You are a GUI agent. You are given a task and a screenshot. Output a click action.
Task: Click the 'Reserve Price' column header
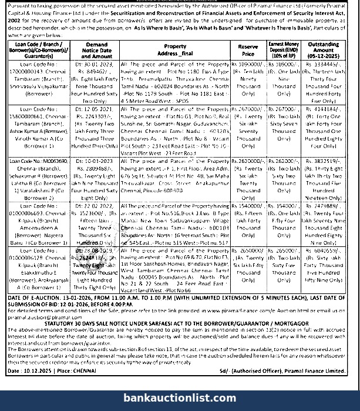[x=248, y=49]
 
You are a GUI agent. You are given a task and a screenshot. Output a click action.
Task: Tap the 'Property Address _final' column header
[x=175, y=49]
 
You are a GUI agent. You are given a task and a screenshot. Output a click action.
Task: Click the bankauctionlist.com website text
[x=180, y=398]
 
